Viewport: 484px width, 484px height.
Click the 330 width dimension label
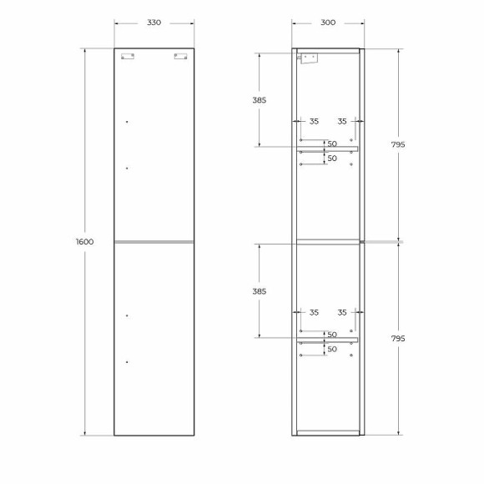(x=154, y=23)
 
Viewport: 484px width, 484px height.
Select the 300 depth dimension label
(x=328, y=23)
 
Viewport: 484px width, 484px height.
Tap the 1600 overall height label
(x=84, y=242)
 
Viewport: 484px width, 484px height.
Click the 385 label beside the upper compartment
(x=259, y=100)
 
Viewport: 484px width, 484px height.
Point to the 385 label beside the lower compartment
(x=259, y=291)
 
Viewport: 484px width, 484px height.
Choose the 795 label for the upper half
(x=397, y=144)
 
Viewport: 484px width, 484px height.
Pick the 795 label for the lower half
(x=397, y=339)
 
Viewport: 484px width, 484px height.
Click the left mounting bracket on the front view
(x=127, y=57)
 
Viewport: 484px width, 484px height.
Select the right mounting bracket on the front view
(x=180, y=57)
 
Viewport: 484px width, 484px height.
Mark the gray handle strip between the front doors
(x=154, y=242)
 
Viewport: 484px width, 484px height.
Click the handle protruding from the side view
(x=382, y=242)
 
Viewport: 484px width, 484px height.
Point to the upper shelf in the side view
(x=328, y=149)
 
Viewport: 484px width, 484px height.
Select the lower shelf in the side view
(x=328, y=340)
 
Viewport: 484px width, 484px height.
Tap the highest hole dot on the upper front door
(x=127, y=122)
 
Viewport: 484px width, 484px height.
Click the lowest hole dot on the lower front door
(x=127, y=361)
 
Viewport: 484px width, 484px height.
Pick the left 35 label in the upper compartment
(x=314, y=122)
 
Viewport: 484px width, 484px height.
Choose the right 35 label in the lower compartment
(x=342, y=313)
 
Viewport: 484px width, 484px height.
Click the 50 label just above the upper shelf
(x=331, y=143)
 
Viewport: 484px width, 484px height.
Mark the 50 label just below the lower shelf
(x=331, y=349)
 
